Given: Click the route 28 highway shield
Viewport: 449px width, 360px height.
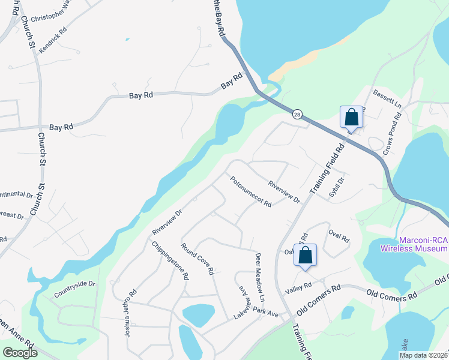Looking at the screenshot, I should pyautogui.click(x=297, y=114).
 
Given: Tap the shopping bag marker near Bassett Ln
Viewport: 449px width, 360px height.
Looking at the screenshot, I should pyautogui.click(x=351, y=116).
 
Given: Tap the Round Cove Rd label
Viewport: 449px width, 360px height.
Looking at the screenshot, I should pyautogui.click(x=197, y=259).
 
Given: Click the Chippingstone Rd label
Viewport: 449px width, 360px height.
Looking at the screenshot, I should pyautogui.click(x=170, y=260).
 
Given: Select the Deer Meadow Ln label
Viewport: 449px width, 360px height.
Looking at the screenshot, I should pyautogui.click(x=260, y=276).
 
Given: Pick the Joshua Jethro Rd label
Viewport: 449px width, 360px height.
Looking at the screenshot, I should pyautogui.click(x=131, y=313).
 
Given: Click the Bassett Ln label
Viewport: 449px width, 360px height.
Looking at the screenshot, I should pyautogui.click(x=387, y=97).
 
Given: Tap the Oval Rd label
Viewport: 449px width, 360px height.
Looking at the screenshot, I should pyautogui.click(x=339, y=234).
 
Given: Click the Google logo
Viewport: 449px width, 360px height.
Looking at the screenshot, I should pyautogui.click(x=19, y=353).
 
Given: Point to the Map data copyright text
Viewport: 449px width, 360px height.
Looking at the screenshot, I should pyautogui.click(x=423, y=355).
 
